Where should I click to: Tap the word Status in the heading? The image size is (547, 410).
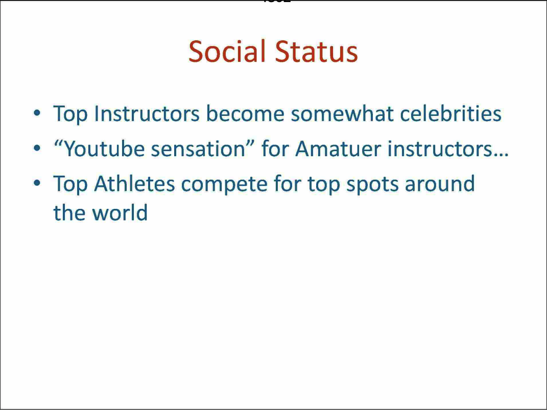[x=317, y=52]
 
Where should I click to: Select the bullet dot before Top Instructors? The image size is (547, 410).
[x=37, y=114]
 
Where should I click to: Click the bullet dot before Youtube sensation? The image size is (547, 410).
[x=37, y=149]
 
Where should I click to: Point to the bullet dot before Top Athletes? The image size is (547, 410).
[x=37, y=184]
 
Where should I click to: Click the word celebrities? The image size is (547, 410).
[x=450, y=114]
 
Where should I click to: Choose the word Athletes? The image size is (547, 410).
[x=134, y=184]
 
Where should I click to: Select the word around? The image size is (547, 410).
[x=440, y=184]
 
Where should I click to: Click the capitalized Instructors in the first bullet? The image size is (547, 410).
[x=147, y=114]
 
